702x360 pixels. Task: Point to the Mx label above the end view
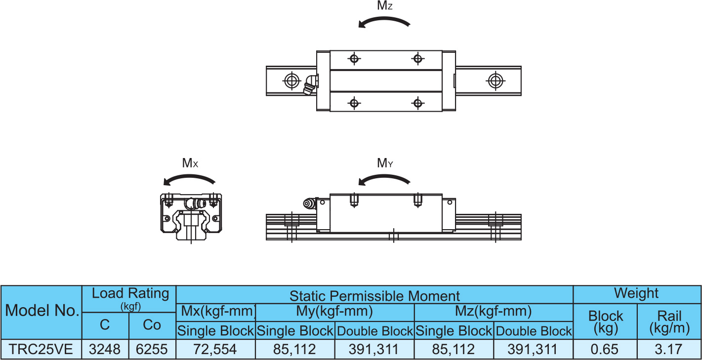pos(190,163)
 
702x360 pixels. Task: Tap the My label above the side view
pos(385,163)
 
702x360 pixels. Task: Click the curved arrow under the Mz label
pos(384,22)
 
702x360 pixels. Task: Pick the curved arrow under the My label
pos(384,179)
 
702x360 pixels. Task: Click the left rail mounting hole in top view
pos(292,80)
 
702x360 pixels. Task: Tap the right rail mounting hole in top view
pos(495,80)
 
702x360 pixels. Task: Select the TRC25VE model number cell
pos(41,350)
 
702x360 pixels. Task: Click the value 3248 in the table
pos(105,350)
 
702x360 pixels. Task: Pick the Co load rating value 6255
pos(152,350)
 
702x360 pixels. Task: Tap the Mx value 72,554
pos(215,350)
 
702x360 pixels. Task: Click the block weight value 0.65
pos(605,350)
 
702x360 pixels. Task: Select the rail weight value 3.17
pos(669,350)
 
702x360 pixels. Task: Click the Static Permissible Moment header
pos(374,296)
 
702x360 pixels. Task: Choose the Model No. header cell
pos(42,312)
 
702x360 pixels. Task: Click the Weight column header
pos(636,293)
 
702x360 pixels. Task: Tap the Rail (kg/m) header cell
pos(669,321)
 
